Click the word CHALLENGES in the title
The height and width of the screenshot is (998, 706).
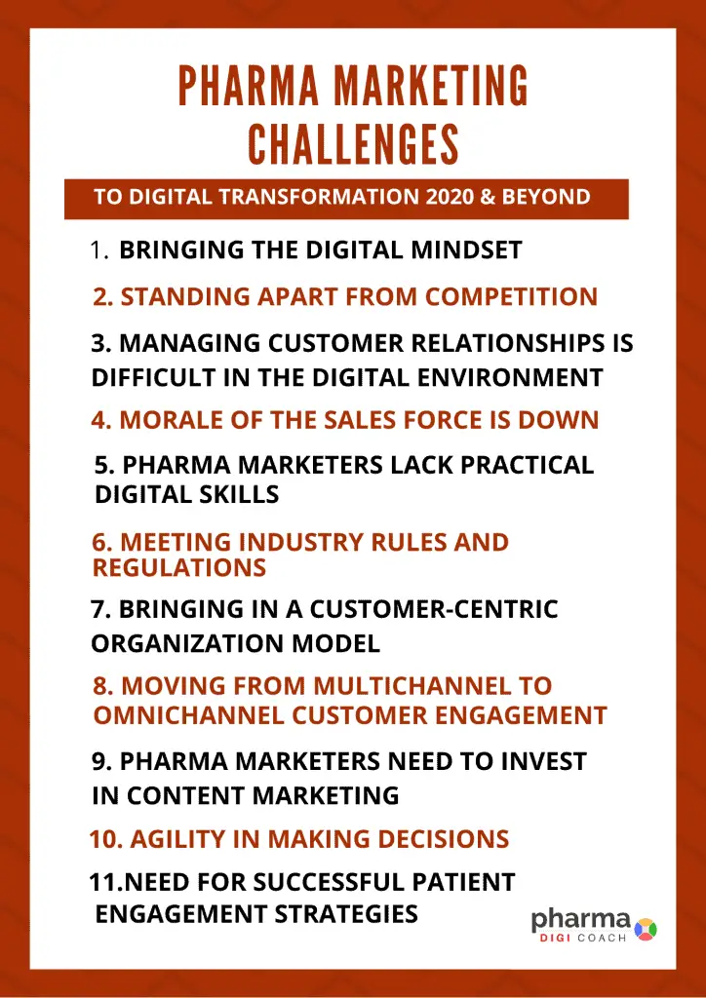tap(353, 144)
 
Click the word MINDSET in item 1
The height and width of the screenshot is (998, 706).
tap(467, 250)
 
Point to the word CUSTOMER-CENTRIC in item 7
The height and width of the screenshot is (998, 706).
tap(434, 609)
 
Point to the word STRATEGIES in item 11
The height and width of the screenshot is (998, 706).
tap(346, 914)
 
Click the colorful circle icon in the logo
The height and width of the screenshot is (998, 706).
tap(646, 929)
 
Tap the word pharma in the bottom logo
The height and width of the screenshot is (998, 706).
tap(581, 921)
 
